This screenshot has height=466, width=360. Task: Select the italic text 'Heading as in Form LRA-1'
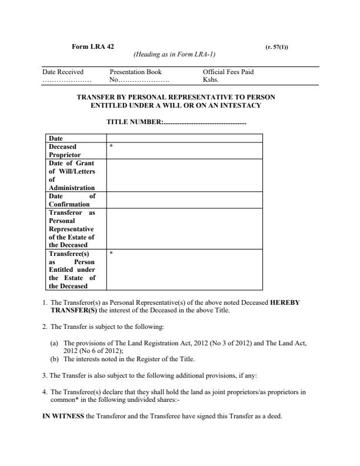(174, 55)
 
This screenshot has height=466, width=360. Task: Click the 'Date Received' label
(63, 72)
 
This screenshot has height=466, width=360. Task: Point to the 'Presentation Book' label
(135, 72)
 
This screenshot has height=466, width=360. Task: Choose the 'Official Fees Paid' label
(228, 72)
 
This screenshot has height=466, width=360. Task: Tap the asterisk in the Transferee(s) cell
(111, 254)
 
